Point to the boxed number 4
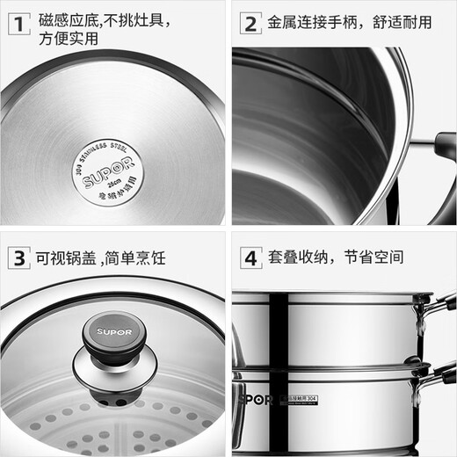tap(250, 258)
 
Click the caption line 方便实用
tap(69, 40)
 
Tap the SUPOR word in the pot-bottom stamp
tap(106, 164)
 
